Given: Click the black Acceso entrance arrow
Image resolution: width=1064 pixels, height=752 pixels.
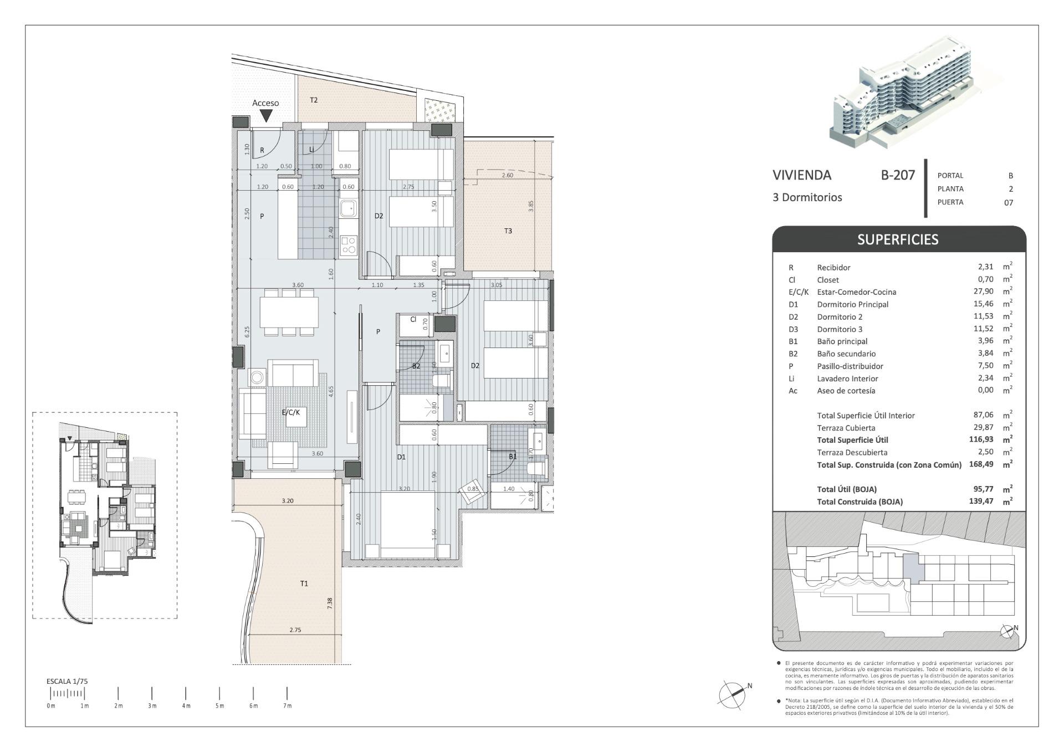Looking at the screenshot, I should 266,115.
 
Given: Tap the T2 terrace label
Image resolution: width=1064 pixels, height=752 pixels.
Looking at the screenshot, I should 314,100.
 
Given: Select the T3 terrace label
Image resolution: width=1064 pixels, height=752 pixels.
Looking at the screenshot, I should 508,231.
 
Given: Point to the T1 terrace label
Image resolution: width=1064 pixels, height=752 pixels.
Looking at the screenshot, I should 304,584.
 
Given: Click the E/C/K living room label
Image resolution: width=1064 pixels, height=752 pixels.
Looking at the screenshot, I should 290,412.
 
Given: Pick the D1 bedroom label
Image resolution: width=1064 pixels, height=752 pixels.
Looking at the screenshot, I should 401,457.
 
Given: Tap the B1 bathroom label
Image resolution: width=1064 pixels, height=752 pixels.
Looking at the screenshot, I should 513,457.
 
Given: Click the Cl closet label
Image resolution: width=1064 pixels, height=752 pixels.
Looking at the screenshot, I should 413,320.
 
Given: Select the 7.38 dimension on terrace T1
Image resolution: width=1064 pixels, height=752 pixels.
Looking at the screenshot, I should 330,603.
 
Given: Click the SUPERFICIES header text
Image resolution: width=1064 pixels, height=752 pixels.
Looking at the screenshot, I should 897,239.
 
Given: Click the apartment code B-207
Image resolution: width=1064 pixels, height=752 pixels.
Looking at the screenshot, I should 897,175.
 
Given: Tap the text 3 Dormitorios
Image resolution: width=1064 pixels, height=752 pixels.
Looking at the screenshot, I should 807,197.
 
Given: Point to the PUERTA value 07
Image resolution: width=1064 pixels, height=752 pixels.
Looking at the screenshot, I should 1008,202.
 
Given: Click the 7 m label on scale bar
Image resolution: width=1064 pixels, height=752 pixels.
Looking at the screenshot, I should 287,706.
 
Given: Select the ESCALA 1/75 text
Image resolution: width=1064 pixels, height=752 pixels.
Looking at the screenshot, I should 67,681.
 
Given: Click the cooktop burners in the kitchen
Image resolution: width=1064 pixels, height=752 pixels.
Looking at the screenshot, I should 348,245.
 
